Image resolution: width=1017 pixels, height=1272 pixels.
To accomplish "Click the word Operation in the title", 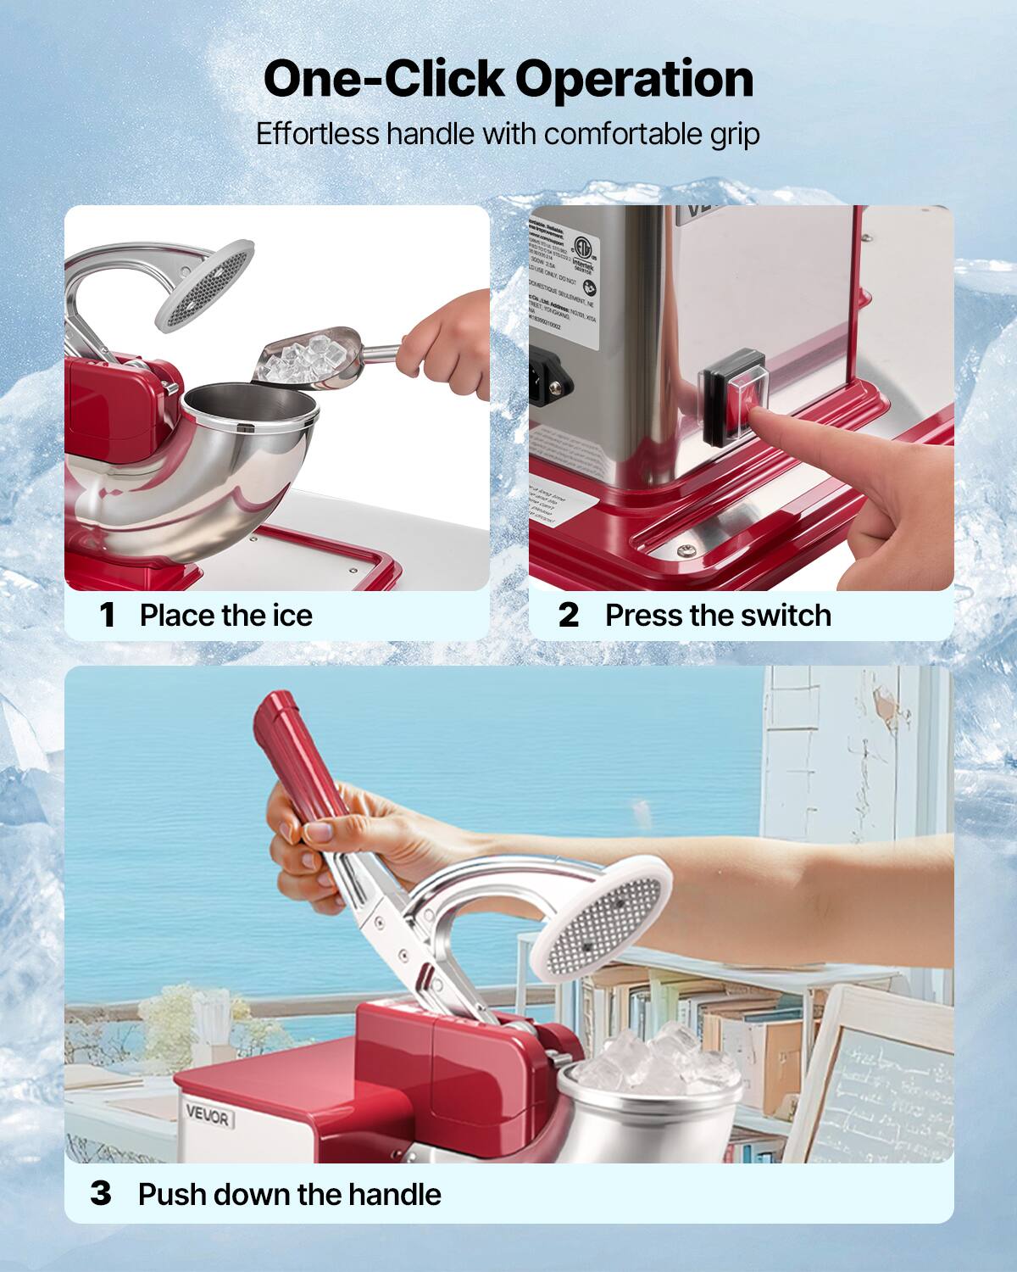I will click(x=634, y=81).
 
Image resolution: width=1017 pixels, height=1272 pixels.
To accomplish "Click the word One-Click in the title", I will click(x=383, y=79).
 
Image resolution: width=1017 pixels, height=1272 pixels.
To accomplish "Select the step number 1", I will click(x=107, y=615).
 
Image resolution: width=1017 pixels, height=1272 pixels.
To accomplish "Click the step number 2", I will click(x=569, y=615).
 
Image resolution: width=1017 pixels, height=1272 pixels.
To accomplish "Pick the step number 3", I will click(x=101, y=1194).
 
